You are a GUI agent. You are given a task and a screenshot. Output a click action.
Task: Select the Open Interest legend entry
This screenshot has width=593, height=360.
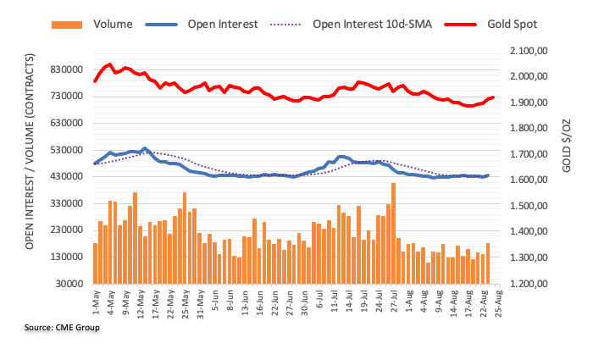(x=222, y=24)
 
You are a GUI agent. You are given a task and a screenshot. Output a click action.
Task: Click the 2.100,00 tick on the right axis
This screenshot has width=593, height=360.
(x=533, y=51)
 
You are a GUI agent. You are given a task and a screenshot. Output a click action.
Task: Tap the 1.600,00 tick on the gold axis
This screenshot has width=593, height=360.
(x=533, y=180)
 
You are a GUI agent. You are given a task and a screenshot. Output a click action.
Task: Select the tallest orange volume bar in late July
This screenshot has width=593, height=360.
(x=393, y=233)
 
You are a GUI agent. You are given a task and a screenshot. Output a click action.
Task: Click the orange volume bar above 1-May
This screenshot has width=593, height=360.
(x=95, y=263)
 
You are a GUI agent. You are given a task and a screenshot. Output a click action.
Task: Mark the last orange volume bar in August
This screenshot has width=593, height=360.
(x=488, y=263)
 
